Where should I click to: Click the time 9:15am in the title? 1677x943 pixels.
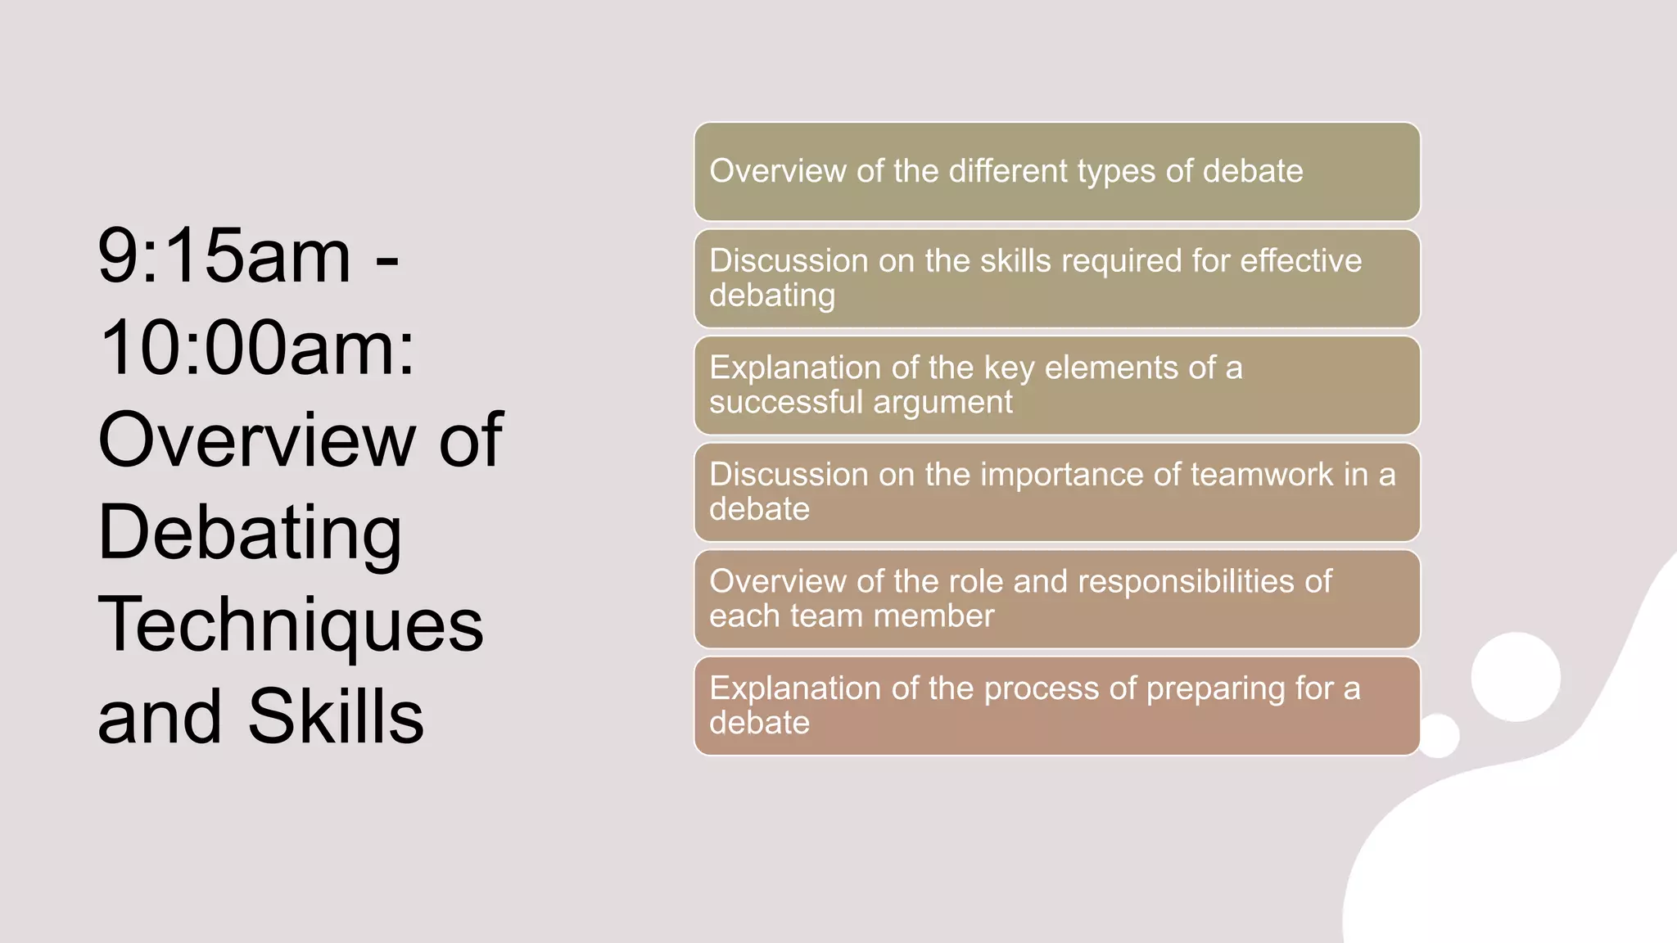coord(224,256)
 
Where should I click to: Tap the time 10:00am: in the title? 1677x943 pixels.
coord(256,348)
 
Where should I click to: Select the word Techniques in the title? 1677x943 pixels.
coord(290,625)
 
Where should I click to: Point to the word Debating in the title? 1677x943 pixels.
coord(249,533)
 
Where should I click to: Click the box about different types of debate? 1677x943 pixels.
coord(1056,172)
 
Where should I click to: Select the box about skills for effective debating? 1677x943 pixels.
coord(1056,278)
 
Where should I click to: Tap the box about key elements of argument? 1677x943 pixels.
coord(1056,386)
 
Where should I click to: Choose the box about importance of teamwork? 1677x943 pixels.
coord(1056,492)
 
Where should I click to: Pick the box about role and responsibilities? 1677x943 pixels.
coord(1056,599)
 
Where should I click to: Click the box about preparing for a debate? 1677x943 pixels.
coord(1056,706)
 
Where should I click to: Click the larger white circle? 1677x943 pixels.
coord(1515,677)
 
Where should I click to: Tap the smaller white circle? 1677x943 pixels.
coord(1438,735)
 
